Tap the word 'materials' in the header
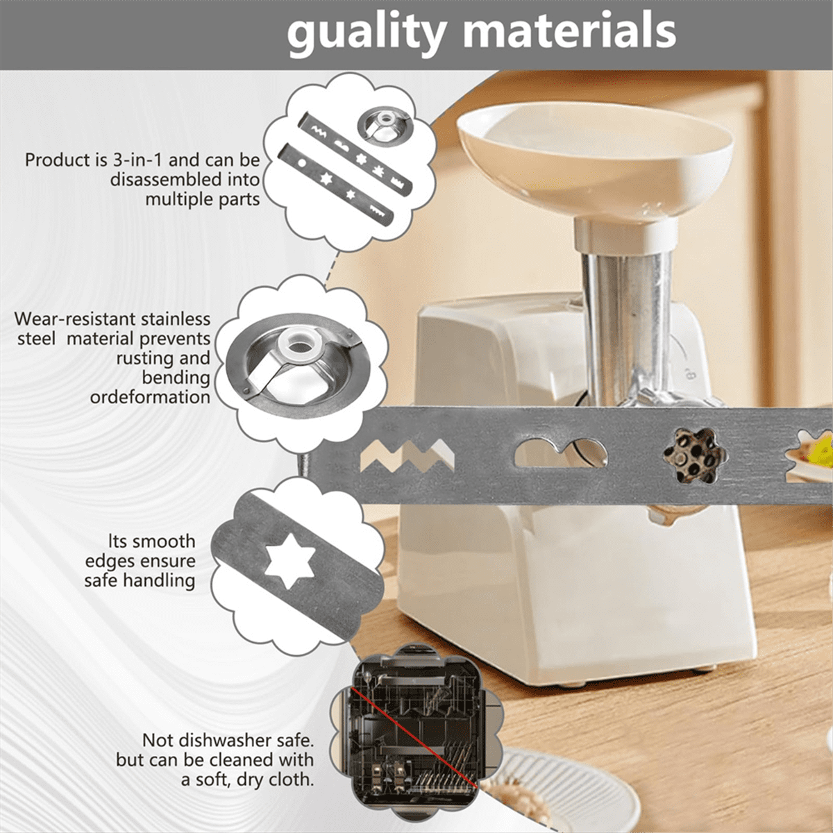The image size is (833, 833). pos(569,31)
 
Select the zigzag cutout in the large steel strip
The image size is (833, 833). pos(407,455)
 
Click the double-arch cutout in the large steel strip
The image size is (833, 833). pos(561,454)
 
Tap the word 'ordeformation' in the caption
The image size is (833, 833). pos(150,397)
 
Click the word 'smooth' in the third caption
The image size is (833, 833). pos(163,541)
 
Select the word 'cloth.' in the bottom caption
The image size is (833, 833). pos(292,780)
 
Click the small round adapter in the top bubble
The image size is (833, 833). pos(382,125)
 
